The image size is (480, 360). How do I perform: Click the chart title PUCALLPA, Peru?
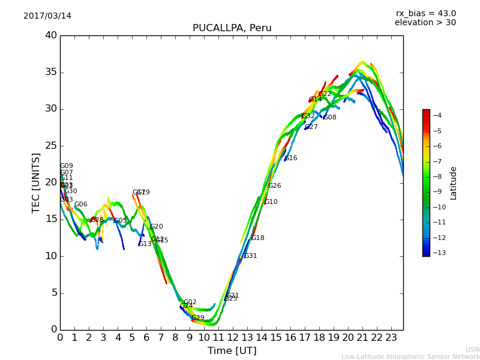[x=232, y=28]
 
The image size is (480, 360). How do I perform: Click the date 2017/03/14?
[x=47, y=16]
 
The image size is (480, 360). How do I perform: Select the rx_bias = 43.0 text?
[x=425, y=13]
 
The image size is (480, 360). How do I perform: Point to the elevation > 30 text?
[x=425, y=23]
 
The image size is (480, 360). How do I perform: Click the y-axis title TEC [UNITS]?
[x=36, y=182]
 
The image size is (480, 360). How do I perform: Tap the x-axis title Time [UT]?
[x=232, y=350]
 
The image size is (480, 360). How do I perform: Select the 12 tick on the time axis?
[x=233, y=338]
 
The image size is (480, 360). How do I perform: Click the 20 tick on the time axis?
[x=348, y=338]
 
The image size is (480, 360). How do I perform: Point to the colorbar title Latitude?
[x=454, y=183]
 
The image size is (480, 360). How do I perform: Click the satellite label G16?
[x=291, y=158]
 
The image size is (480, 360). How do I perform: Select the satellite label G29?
[x=198, y=318]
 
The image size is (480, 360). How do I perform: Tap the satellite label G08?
[x=330, y=118]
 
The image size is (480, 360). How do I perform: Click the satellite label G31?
[x=250, y=256]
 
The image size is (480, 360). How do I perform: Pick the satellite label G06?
[x=81, y=205]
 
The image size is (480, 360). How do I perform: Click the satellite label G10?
[x=271, y=202]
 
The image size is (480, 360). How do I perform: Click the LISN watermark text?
[x=473, y=349]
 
